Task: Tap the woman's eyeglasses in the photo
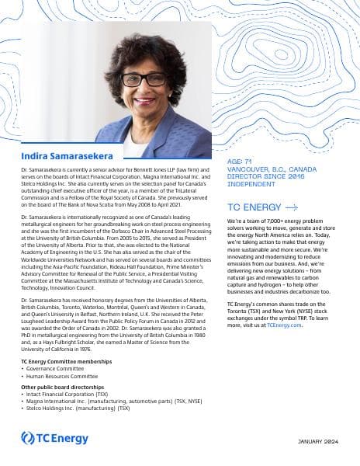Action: click(144, 78)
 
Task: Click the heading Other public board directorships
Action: click(65, 387)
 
